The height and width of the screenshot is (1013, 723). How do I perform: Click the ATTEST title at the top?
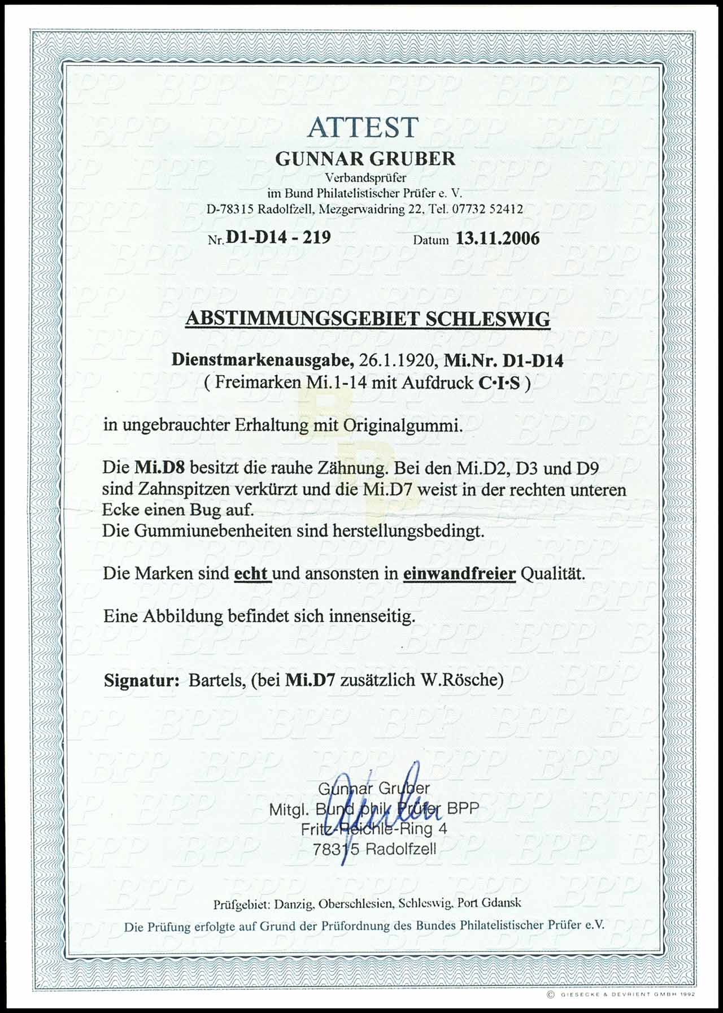[362, 127]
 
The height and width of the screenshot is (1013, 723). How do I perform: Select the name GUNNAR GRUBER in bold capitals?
[365, 159]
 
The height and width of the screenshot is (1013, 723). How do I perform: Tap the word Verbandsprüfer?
[364, 178]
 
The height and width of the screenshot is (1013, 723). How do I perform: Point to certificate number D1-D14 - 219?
[278, 237]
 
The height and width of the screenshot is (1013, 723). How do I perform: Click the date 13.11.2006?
[498, 238]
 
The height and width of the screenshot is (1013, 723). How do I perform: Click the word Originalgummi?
[402, 425]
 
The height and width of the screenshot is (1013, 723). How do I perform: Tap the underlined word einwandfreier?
[459, 573]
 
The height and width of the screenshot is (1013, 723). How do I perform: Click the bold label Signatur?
[141, 680]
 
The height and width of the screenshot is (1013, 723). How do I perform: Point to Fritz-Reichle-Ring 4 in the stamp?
[373, 829]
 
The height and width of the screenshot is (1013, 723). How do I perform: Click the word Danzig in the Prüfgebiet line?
[294, 903]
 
